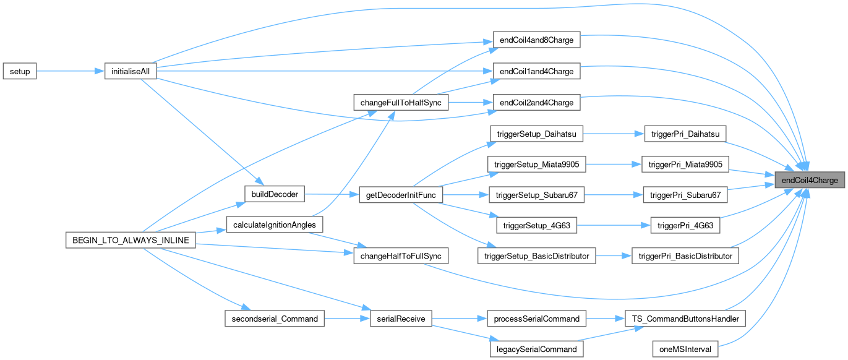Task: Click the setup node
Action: (x=20, y=71)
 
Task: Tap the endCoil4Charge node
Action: (x=810, y=181)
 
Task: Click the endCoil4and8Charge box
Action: (x=536, y=40)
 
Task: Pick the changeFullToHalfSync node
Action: (x=400, y=102)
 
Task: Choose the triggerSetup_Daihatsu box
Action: (x=536, y=133)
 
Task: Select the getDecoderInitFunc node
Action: (x=400, y=195)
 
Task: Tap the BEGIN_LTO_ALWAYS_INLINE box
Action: (x=131, y=239)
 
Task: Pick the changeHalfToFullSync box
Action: (x=400, y=255)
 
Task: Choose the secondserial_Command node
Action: (x=273, y=319)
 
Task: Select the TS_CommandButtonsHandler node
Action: (x=685, y=319)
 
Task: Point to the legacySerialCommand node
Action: (x=536, y=349)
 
